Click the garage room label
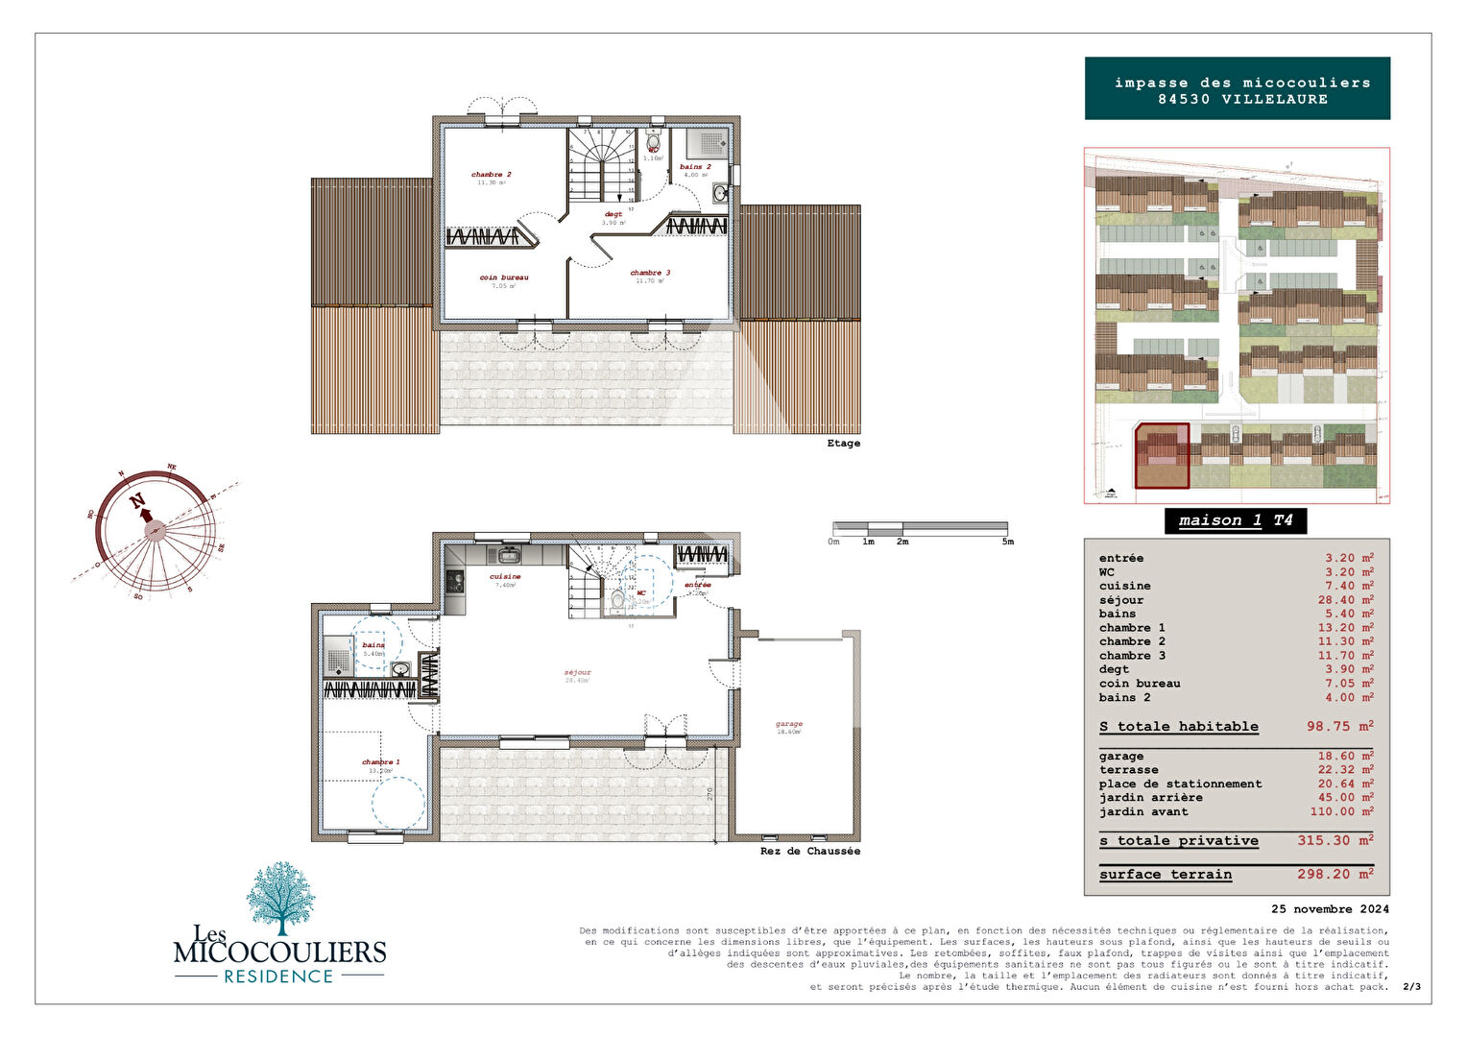(788, 724)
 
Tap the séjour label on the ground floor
(578, 672)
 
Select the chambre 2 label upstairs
(491, 175)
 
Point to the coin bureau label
(504, 277)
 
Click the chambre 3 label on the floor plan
(650, 273)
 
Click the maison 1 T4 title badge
(1236, 520)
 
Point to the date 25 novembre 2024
(1330, 909)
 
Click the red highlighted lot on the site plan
(1162, 456)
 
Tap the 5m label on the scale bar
(1007, 542)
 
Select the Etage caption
(843, 444)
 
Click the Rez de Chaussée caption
(809, 852)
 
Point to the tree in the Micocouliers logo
(280, 895)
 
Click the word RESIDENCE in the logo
(278, 977)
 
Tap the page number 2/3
(1411, 987)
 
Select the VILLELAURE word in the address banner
(1275, 99)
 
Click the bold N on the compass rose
(137, 500)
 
